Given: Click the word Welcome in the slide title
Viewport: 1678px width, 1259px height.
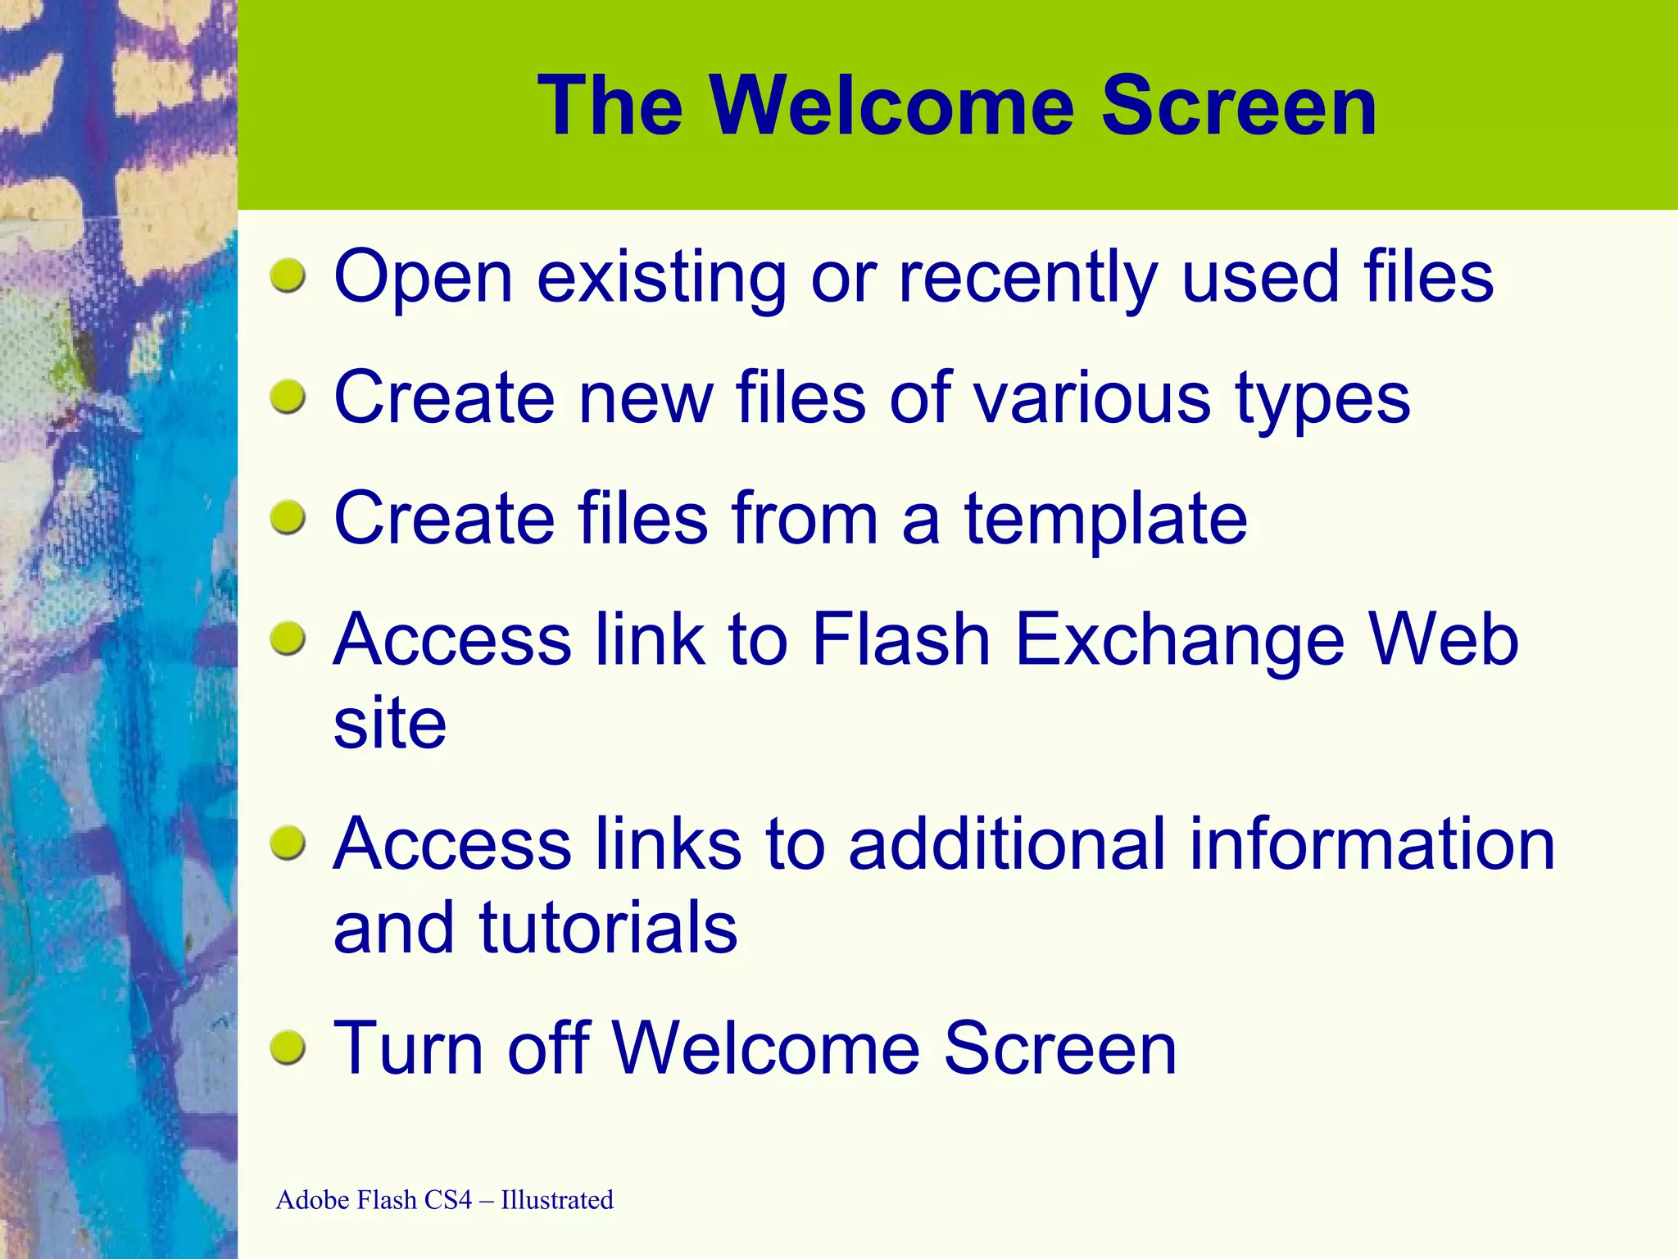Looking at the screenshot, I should [x=891, y=107].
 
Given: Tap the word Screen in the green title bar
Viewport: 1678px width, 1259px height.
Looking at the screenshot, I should [x=1238, y=107].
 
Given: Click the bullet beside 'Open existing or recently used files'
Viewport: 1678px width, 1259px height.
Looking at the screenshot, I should [x=288, y=276].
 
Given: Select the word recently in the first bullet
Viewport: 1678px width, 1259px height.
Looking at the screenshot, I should [x=1027, y=279].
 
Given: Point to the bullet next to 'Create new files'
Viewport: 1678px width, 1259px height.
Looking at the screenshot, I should [x=288, y=398].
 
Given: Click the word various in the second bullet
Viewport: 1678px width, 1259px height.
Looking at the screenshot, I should [x=1091, y=398].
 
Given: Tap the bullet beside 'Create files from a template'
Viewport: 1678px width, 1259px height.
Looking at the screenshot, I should [x=288, y=518].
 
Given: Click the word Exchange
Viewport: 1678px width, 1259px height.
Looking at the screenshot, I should [x=1180, y=641].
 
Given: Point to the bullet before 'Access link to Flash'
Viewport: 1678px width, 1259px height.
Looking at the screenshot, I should [x=288, y=639].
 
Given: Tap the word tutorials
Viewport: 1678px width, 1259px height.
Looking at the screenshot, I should [x=608, y=928].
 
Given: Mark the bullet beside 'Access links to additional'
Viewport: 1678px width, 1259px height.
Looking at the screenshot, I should [x=288, y=844].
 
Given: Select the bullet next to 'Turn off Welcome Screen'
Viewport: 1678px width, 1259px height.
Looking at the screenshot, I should [x=288, y=1048].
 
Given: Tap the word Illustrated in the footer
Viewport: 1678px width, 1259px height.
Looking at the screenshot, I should [x=557, y=1200].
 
